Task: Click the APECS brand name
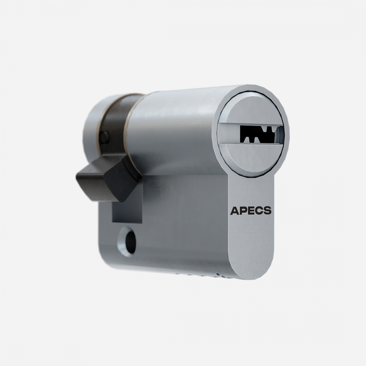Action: click(x=251, y=210)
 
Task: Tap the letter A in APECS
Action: click(x=234, y=210)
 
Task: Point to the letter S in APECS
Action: click(x=268, y=210)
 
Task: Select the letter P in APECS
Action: click(x=243, y=210)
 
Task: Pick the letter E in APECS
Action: click(x=251, y=210)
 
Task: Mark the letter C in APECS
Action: click(x=259, y=210)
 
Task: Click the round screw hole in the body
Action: click(x=130, y=242)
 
